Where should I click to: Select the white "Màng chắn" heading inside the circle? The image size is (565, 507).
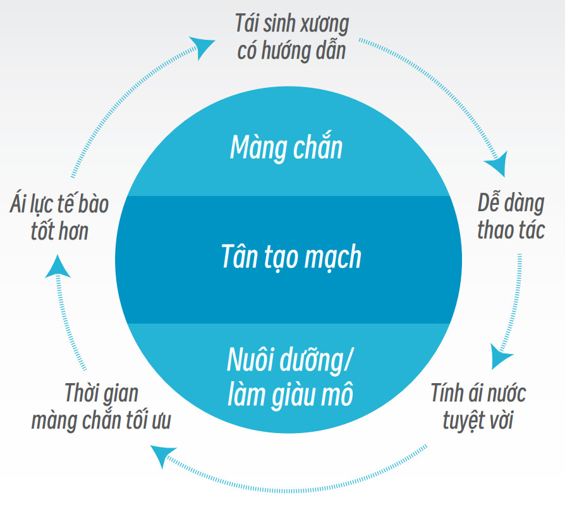tap(286, 148)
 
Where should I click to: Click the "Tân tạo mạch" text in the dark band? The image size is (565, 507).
tap(291, 257)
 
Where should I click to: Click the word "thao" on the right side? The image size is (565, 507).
tap(495, 230)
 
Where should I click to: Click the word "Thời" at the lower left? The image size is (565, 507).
tap(83, 393)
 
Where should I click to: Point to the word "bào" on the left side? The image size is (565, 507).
tap(93, 204)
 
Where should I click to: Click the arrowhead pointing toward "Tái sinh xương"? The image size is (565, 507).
tap(203, 46)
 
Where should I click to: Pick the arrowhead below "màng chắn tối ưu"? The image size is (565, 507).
tap(164, 455)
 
